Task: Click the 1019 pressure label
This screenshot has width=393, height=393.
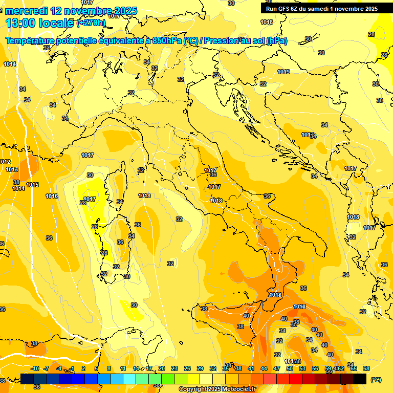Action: point(284,72)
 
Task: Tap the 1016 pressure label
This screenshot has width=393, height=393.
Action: point(52,196)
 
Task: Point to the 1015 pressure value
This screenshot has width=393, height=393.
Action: point(32,185)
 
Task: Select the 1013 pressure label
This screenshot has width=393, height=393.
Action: point(12,169)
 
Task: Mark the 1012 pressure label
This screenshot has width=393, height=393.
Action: point(5,162)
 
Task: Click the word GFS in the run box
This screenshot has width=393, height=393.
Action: point(282,9)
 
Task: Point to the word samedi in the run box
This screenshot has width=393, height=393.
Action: point(322,9)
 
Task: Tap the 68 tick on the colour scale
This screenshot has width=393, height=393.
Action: point(366,368)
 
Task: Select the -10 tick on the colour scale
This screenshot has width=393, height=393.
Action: point(35,368)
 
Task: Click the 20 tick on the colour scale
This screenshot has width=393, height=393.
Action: point(162,368)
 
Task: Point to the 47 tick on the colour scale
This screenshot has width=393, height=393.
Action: point(277,368)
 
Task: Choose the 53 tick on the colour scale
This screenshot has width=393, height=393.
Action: point(302,368)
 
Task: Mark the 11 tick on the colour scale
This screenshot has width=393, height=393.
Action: point(123,368)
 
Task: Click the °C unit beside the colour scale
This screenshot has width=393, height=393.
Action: point(376,380)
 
